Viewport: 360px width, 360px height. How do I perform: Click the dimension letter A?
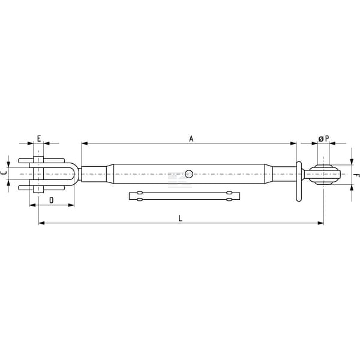tap(191, 139)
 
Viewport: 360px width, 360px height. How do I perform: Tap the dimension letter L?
tap(180, 218)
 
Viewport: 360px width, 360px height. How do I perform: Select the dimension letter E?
tap(39, 139)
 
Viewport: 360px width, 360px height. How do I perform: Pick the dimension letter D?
tap(52, 200)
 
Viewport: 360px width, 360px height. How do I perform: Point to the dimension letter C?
tap(4, 173)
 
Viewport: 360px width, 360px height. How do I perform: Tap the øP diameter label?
tap(324, 139)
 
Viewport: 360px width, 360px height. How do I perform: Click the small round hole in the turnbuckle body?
tap(189, 174)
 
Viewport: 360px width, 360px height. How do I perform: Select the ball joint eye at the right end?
tap(324, 174)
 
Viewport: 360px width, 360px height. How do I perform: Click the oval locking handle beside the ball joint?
tap(299, 181)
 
